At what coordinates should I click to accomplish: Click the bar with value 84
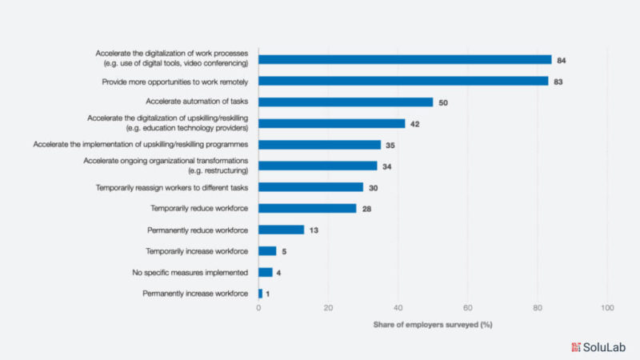point(405,59)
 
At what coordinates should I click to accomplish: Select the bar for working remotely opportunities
point(403,81)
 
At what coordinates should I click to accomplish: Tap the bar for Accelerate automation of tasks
point(346,102)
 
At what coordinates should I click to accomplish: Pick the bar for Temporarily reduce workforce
point(307,208)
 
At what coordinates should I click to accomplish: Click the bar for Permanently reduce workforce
point(282,230)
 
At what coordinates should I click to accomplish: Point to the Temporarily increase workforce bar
point(267,250)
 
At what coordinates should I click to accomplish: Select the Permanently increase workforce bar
point(261,294)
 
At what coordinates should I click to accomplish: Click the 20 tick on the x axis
point(328,308)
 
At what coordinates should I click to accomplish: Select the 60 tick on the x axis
point(467,308)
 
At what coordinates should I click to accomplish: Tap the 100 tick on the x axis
point(606,308)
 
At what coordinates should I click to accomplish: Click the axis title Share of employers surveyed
point(432,324)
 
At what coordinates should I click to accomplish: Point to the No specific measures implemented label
point(190,273)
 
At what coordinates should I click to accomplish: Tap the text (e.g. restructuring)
point(209,170)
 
